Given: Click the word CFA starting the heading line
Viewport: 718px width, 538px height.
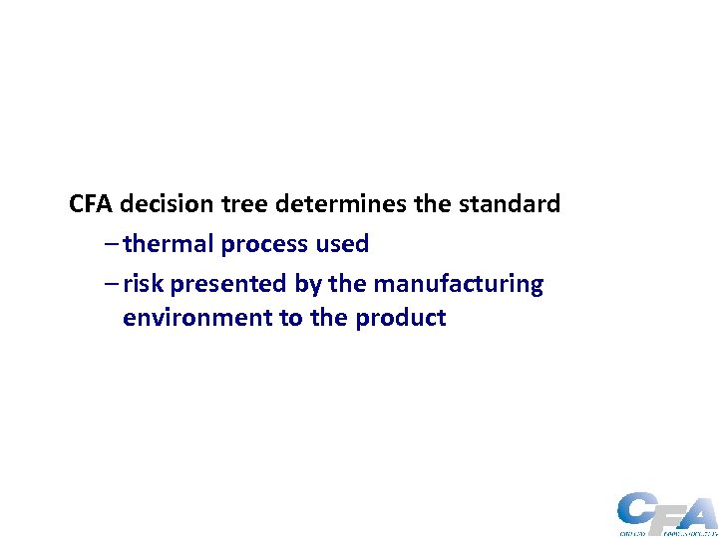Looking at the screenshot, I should pos(93,204).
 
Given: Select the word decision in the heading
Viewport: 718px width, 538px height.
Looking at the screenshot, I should pos(168,204).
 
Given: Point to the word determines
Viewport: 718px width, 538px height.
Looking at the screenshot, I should pos(340,204).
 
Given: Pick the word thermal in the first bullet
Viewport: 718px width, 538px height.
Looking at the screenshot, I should pos(169,244).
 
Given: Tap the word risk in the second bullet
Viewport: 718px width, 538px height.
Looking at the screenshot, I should pos(144,284).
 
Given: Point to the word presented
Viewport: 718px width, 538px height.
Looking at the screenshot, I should pos(229,284).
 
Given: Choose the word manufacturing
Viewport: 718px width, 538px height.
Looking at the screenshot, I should pos(459,284).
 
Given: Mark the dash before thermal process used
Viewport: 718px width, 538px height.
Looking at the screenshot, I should pos(109,244).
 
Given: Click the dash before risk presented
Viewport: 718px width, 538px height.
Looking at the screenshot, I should pos(109,284).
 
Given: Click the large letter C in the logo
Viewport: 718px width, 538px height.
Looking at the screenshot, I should pos(635,510).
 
